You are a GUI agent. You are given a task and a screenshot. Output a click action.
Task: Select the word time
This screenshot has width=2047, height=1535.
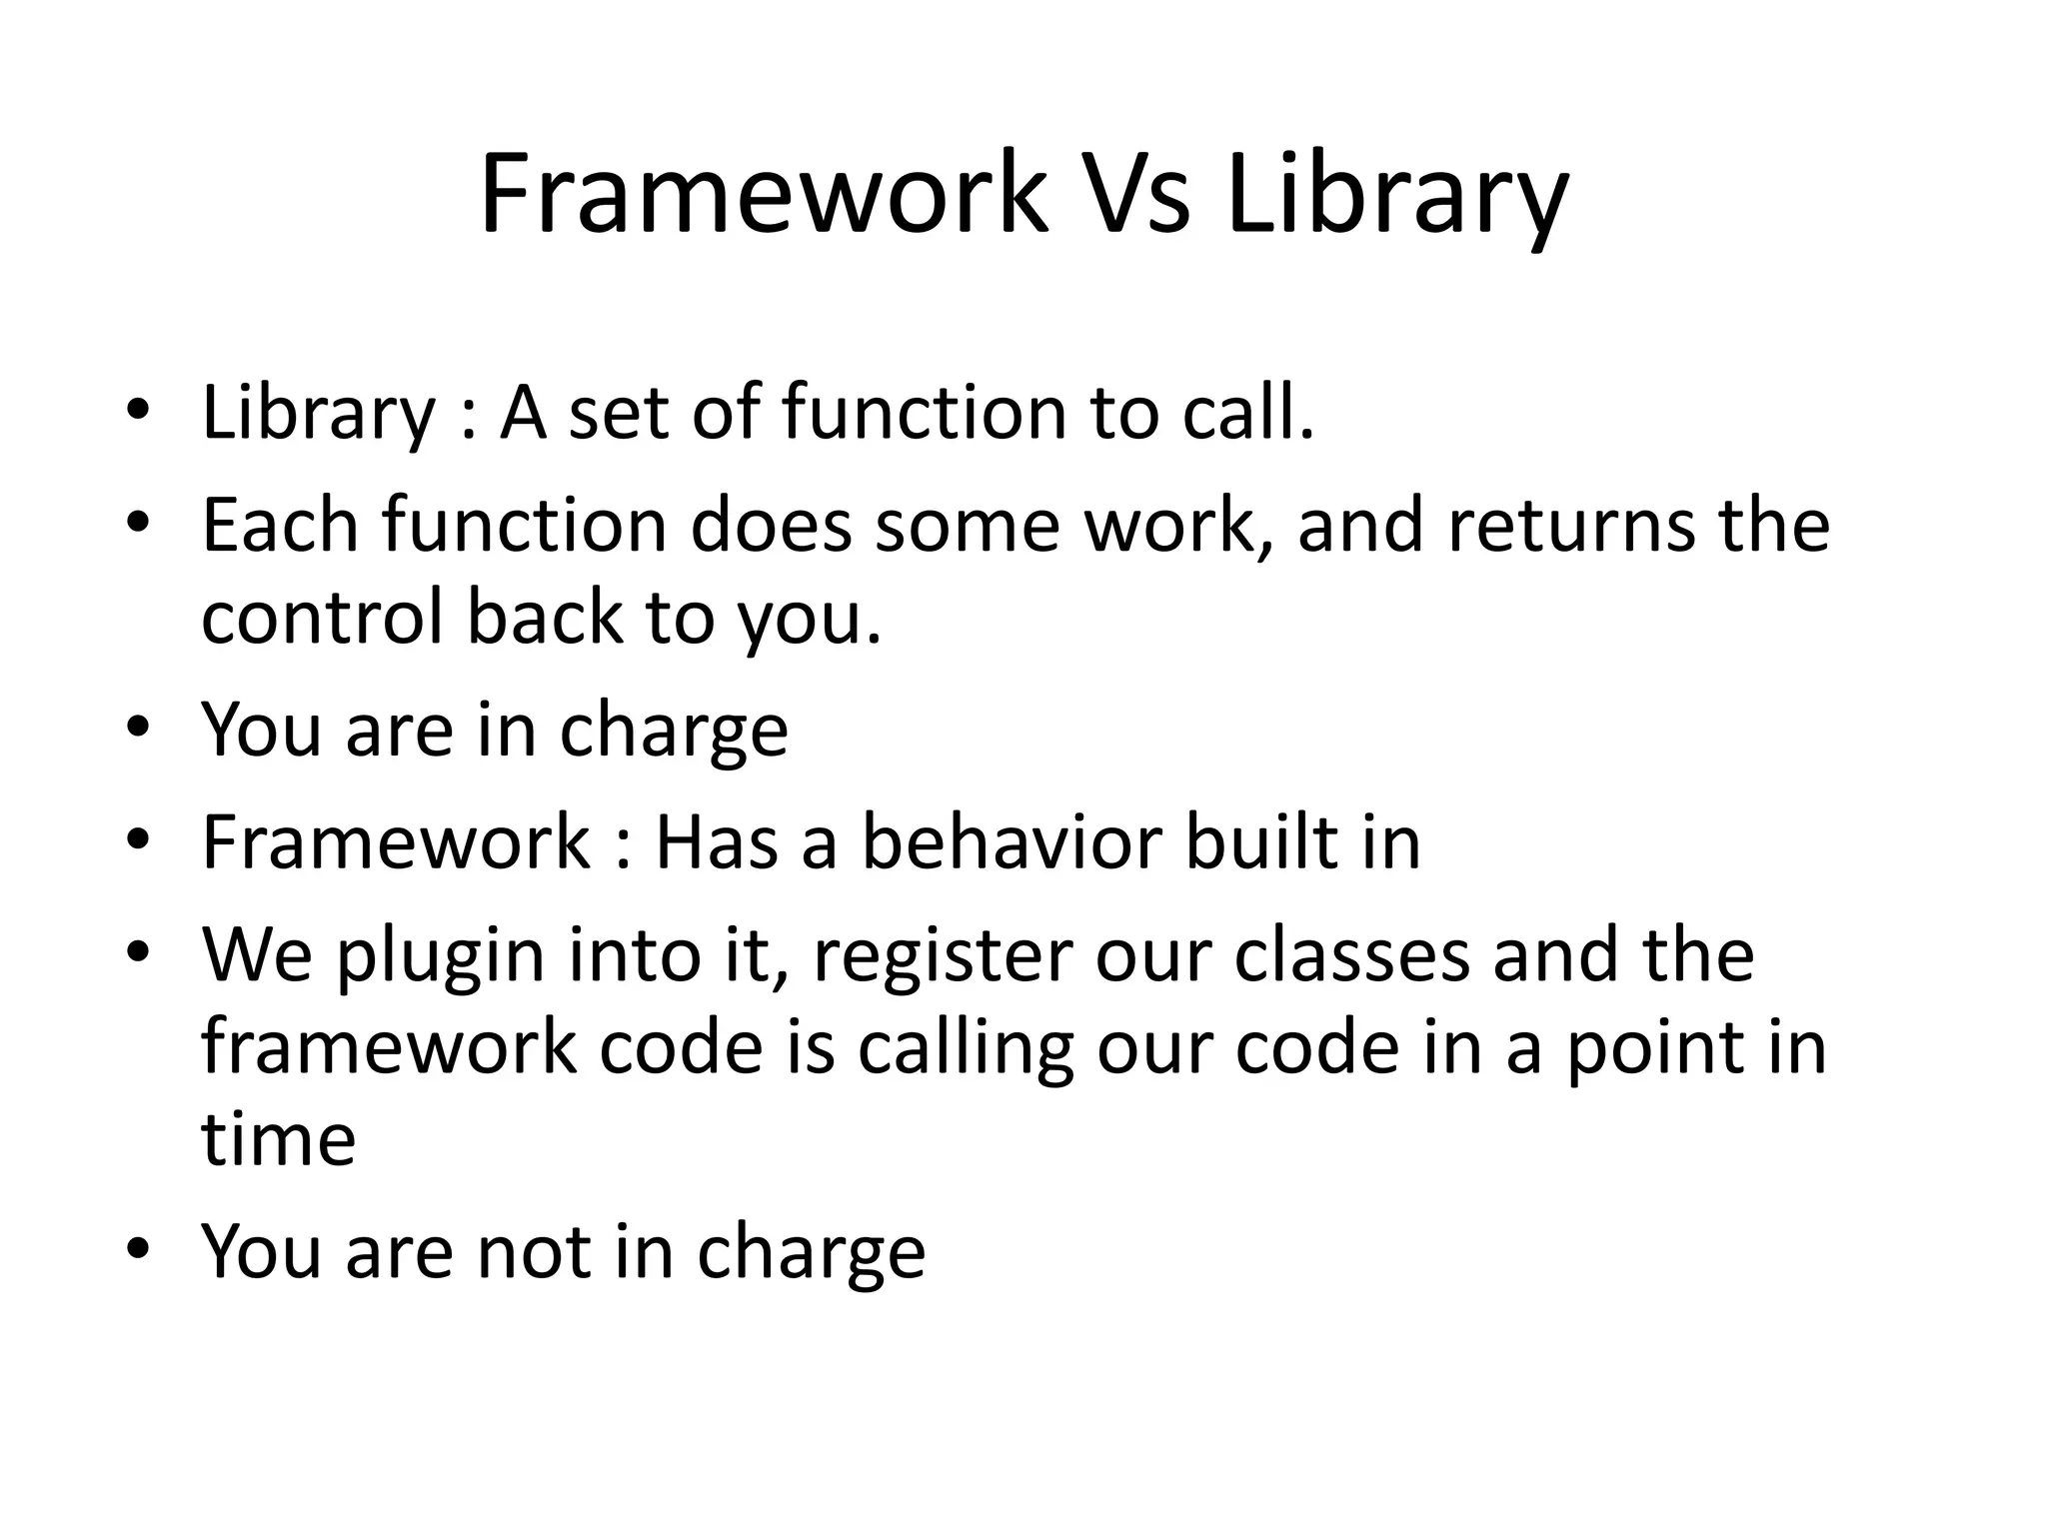tap(278, 1139)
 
